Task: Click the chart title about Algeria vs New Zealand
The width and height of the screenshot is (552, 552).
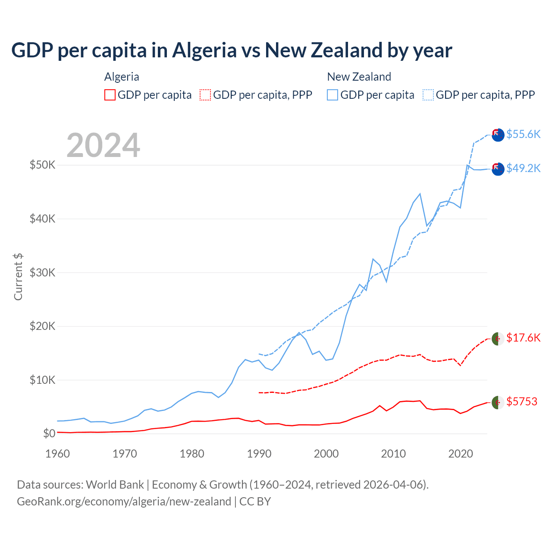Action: [x=232, y=50]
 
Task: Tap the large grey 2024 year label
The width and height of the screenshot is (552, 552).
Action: [x=103, y=145]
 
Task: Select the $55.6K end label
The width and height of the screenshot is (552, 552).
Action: [x=523, y=134]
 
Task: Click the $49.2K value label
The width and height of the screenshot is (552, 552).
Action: [x=523, y=168]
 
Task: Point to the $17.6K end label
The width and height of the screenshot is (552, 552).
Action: [x=523, y=338]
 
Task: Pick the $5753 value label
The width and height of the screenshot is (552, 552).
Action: [x=522, y=402]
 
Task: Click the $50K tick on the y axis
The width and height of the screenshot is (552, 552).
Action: [x=42, y=165]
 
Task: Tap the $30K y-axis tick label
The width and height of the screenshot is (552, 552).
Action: [x=42, y=273]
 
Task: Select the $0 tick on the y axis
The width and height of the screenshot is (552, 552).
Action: [x=49, y=434]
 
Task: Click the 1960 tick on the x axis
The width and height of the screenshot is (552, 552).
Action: [x=58, y=454]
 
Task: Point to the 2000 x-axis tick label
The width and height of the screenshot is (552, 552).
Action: [x=326, y=454]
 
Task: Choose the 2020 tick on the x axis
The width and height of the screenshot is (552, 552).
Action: [x=461, y=454]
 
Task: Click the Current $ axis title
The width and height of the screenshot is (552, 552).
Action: [x=18, y=277]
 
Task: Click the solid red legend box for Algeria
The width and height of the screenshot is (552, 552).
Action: [x=110, y=95]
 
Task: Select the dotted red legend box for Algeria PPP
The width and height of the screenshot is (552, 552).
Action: [x=205, y=95]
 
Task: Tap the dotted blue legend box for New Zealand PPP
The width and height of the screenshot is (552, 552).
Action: [x=428, y=95]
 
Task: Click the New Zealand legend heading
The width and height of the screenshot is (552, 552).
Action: [x=359, y=77]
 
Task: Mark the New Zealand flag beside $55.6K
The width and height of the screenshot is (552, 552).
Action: [x=498, y=135]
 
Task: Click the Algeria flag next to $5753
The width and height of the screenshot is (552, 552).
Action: [x=498, y=402]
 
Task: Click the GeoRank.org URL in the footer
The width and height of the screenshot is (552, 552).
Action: [x=124, y=502]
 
